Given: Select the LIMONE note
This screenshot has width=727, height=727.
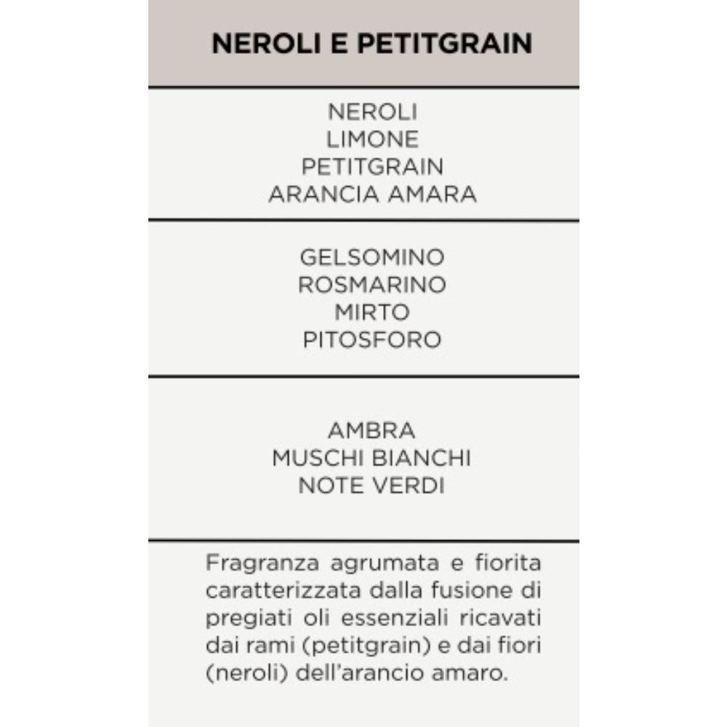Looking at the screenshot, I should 372,140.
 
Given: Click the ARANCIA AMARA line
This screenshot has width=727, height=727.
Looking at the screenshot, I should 372,195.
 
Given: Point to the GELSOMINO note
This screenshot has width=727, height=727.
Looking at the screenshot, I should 372,257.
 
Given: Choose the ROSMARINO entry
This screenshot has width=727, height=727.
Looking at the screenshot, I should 372,285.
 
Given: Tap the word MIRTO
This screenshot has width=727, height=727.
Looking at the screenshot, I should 372,313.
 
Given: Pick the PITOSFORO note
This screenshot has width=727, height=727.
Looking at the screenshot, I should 372,340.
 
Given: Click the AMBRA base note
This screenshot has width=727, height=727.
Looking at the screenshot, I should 371,430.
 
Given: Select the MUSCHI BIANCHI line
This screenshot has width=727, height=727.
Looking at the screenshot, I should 371,458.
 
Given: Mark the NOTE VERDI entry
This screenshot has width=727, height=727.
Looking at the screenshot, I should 371,486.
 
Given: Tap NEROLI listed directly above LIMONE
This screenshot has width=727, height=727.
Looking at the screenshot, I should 372,112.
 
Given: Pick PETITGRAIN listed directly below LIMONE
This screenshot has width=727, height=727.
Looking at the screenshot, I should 372,167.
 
